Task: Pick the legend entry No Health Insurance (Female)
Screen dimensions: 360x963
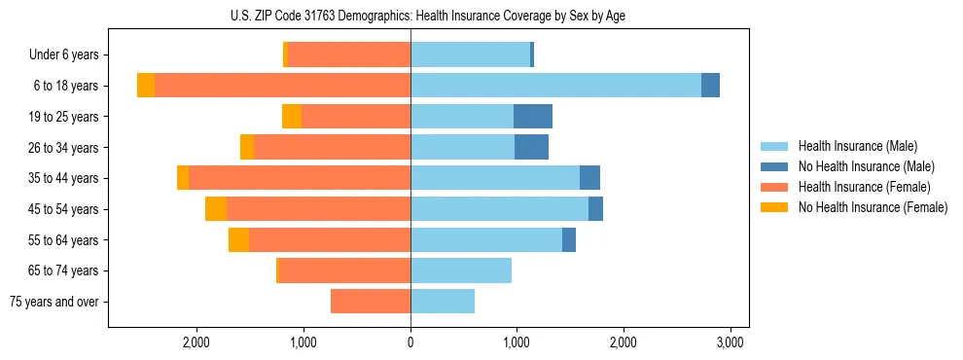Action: coord(873,207)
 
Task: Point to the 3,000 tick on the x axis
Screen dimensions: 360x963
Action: coord(730,342)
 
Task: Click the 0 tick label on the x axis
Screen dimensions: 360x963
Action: coord(410,342)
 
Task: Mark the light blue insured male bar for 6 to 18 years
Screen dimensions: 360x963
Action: coord(555,86)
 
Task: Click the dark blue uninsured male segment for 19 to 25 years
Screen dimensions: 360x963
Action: coord(533,117)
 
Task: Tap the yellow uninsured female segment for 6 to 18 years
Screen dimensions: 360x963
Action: coord(146,86)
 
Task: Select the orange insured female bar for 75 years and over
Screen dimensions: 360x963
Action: coord(371,302)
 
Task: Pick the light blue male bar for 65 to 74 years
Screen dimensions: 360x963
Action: coord(461,270)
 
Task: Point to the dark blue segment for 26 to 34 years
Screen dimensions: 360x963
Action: coord(531,147)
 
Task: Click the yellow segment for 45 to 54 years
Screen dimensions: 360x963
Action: coord(216,209)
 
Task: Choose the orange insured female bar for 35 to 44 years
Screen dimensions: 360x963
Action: coord(300,178)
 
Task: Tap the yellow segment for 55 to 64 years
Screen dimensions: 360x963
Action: coord(238,239)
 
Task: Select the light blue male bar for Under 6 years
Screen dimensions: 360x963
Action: coord(470,55)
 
